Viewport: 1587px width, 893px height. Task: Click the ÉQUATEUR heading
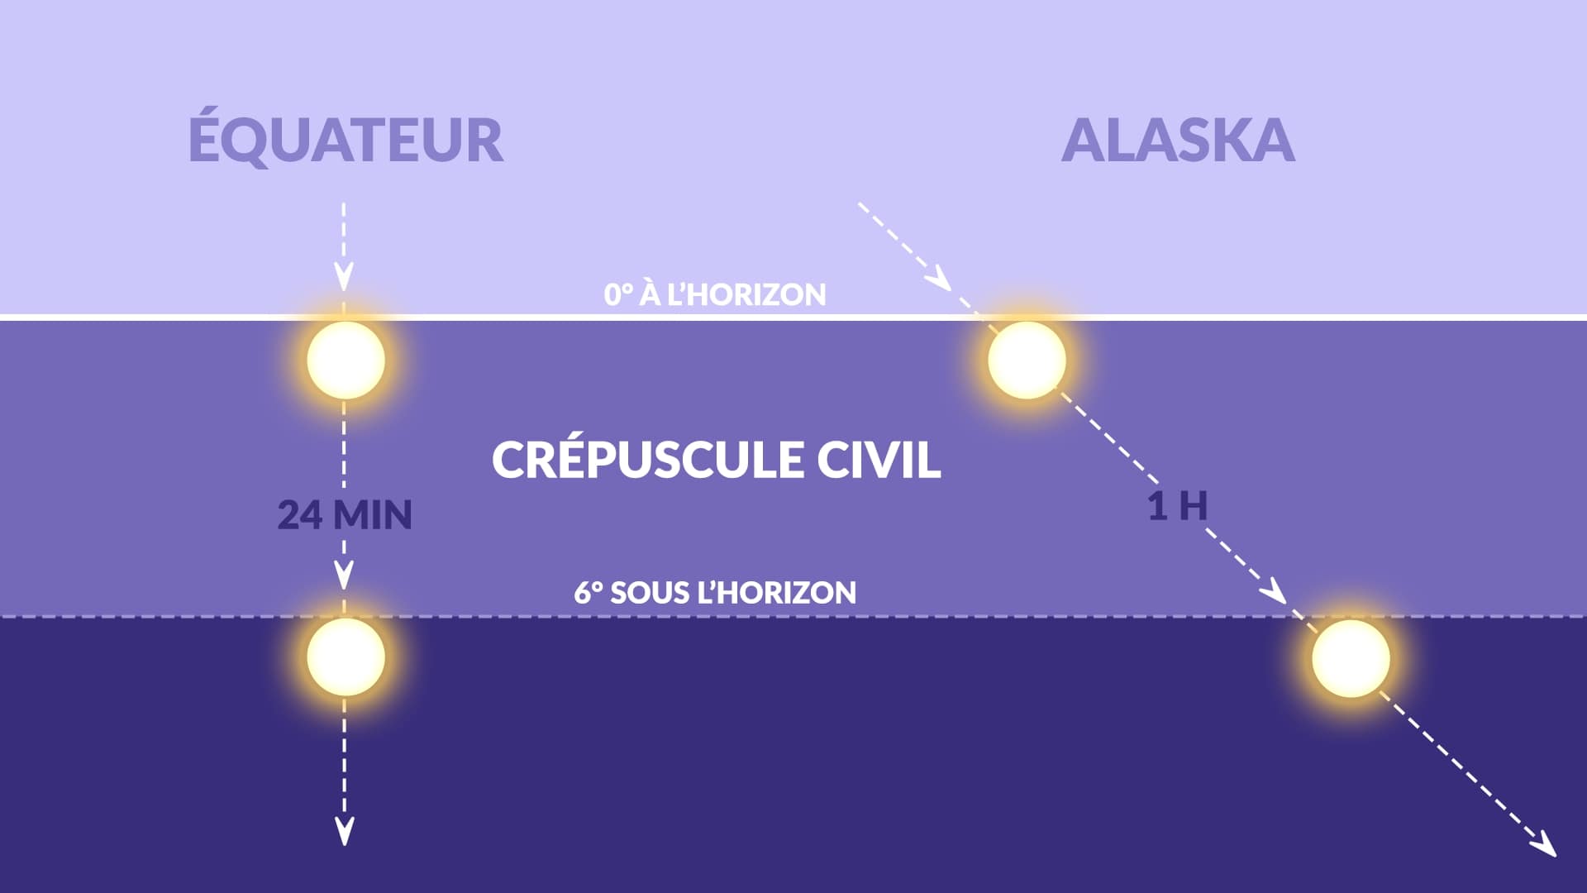[346, 141]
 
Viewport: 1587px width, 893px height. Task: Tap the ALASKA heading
[1178, 141]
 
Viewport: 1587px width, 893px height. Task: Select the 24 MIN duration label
[345, 514]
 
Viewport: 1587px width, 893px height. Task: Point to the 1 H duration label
[1177, 505]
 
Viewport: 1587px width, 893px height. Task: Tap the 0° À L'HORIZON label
[715, 294]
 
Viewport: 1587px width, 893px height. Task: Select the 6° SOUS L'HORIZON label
[715, 592]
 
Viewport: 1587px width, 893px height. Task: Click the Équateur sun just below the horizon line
[346, 360]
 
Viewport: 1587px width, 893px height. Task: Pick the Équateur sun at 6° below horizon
[346, 657]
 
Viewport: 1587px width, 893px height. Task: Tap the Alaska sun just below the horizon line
[1027, 360]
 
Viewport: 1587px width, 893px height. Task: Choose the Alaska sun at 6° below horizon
[1351, 658]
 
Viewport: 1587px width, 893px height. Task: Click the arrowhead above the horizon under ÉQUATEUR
[344, 277]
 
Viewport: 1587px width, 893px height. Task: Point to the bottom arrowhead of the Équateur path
[344, 831]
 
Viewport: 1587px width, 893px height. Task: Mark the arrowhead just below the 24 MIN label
[344, 574]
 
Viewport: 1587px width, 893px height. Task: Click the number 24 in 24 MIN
[299, 514]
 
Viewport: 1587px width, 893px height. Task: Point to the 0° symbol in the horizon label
[618, 294]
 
